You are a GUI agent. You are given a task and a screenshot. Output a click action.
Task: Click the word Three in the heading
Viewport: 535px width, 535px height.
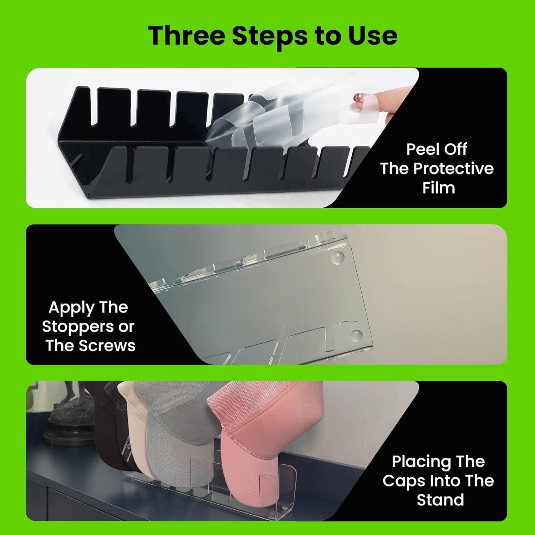coord(187,36)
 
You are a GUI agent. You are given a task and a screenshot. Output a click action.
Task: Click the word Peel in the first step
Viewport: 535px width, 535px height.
coord(422,149)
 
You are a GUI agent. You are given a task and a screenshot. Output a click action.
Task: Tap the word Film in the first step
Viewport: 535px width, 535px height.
coord(439,188)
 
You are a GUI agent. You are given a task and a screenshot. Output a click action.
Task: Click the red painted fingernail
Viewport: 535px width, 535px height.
coord(357,97)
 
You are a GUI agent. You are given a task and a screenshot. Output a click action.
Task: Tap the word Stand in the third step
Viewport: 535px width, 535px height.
coord(440,500)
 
